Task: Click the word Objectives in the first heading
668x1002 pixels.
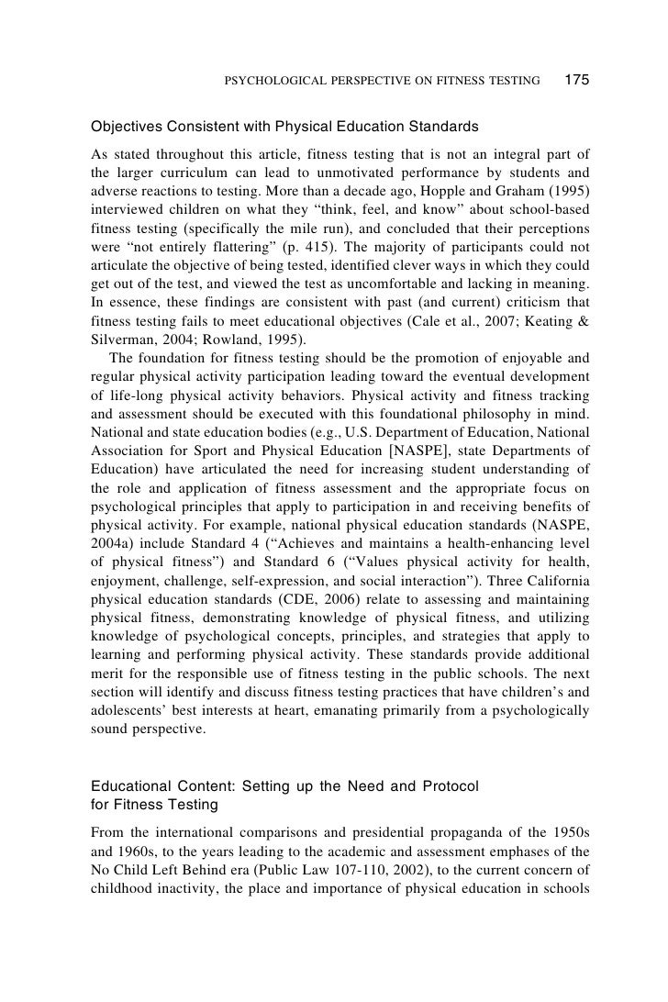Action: (x=126, y=124)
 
